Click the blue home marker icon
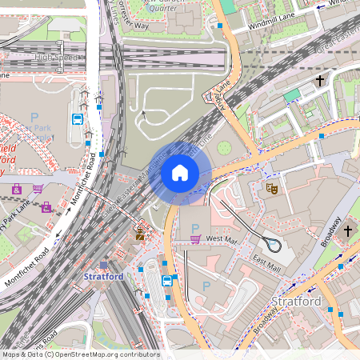pyautogui.click(x=180, y=173)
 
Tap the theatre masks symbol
pyautogui.click(x=272, y=189)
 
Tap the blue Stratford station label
pyautogui.click(x=103, y=277)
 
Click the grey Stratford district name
pyautogui.click(x=296, y=302)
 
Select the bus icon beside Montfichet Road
pyautogui.click(x=78, y=120)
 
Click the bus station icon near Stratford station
pyautogui.click(x=167, y=281)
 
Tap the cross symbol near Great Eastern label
pyautogui.click(x=320, y=81)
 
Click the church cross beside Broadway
pyautogui.click(x=347, y=230)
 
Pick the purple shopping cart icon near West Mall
pyautogui.click(x=195, y=238)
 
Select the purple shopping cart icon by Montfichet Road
pyautogui.click(x=38, y=189)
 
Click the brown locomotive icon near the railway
pyautogui.click(x=141, y=234)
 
